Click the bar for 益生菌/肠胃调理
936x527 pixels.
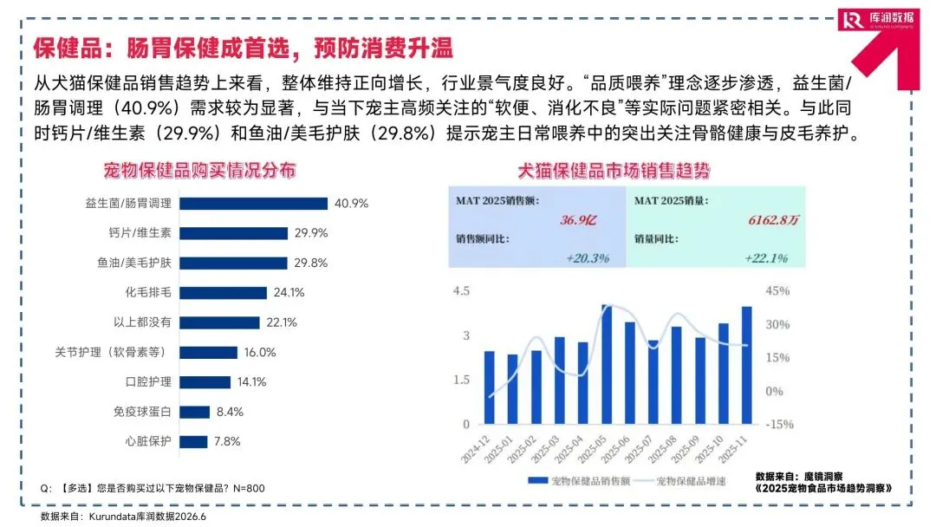(253, 204)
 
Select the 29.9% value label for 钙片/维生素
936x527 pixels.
(311, 233)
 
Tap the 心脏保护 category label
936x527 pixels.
(148, 441)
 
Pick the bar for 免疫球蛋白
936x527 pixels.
(195, 412)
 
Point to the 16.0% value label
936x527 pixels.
(260, 352)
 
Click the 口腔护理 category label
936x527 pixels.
(148, 382)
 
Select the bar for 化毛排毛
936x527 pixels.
(223, 292)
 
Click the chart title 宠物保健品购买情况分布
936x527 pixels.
(199, 171)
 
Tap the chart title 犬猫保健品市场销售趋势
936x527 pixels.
(614, 171)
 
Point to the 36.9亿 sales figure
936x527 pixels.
(578, 220)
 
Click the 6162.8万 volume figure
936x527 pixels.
(773, 220)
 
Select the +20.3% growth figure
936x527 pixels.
(588, 257)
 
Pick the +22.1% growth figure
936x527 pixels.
(766, 257)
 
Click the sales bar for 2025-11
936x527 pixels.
(747, 365)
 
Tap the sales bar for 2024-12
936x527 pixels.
(490, 388)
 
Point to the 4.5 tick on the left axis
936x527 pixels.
(461, 291)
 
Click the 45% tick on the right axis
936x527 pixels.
(777, 291)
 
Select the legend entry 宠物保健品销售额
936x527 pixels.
(579, 480)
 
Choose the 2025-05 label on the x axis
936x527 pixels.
(592, 449)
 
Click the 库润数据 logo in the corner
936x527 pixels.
(877, 19)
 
